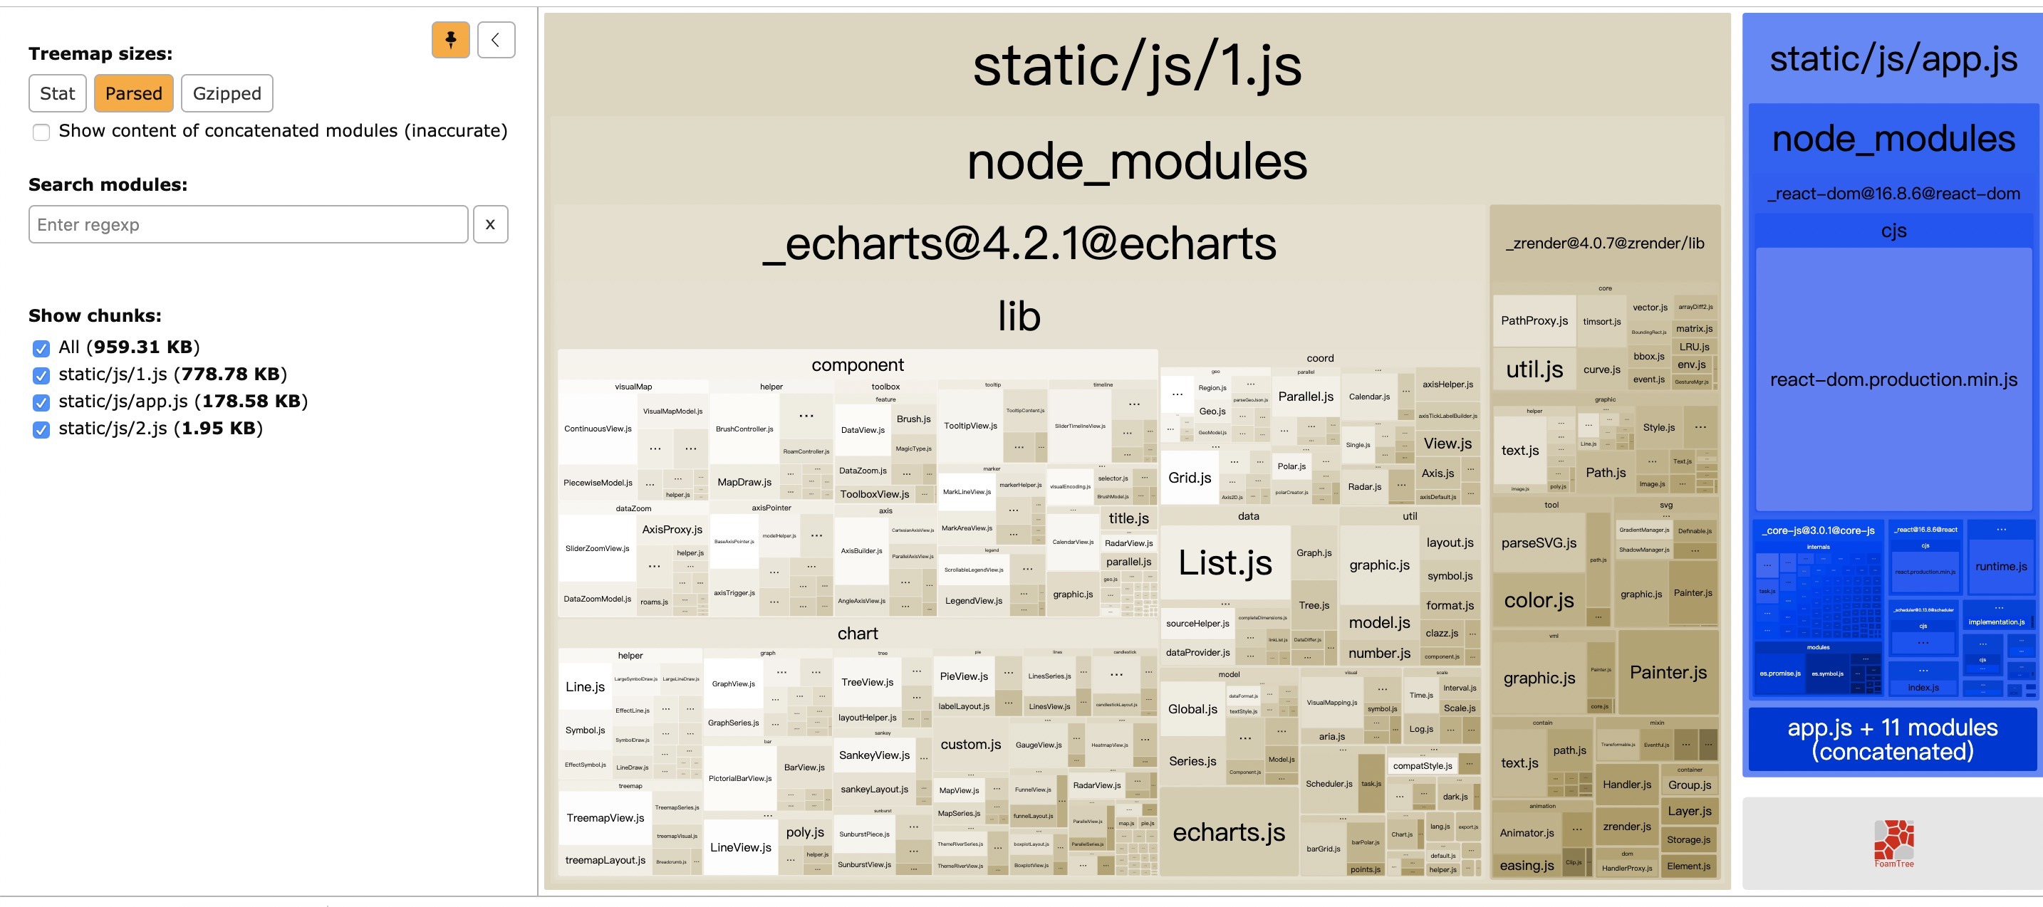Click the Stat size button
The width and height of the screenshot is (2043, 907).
57,93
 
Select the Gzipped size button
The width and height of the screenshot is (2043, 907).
227,93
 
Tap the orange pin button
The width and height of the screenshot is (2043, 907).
450,40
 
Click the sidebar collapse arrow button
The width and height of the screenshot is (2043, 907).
496,40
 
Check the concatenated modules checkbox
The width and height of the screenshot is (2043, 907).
41,132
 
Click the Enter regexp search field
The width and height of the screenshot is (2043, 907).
248,224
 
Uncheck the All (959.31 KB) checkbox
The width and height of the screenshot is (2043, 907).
41,348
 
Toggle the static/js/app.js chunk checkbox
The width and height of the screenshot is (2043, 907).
41,402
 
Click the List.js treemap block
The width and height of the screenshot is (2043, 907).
1225,562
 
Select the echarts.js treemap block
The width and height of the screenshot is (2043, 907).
1229,832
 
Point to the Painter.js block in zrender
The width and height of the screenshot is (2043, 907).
1668,672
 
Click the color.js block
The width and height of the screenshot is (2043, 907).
1539,600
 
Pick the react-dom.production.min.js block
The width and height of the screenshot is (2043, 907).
1893,379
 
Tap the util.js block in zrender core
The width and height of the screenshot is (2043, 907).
1534,369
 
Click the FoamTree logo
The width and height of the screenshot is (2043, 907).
1893,844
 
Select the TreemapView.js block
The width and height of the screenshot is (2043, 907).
605,817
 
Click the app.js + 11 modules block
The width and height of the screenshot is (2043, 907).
1892,739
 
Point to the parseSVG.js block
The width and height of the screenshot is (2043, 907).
1539,543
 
